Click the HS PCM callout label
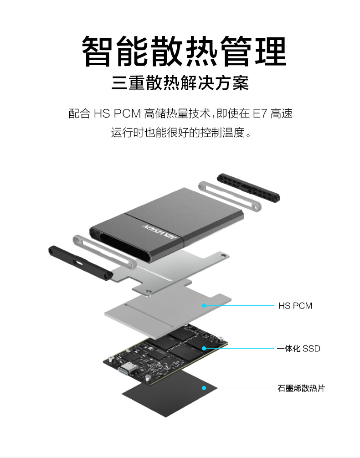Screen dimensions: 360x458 (x=295, y=306)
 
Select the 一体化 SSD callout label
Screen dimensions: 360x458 (x=298, y=349)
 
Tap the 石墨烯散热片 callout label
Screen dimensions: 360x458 (x=301, y=388)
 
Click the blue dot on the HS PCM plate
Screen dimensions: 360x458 (x=204, y=305)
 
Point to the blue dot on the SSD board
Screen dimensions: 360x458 (x=204, y=348)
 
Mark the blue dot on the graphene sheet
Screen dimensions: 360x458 (x=204, y=388)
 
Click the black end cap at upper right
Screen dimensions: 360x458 (x=248, y=187)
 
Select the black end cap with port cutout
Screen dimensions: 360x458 (x=80, y=263)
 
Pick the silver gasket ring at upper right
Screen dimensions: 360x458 (x=230, y=196)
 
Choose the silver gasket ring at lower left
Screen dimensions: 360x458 (x=104, y=251)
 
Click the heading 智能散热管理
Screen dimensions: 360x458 (x=184, y=51)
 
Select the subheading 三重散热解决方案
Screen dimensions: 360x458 (x=180, y=83)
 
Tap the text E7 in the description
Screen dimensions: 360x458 (x=260, y=113)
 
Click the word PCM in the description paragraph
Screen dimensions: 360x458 (x=127, y=113)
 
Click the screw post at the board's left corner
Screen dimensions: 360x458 (x=110, y=359)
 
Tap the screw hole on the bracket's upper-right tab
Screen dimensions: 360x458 (x=223, y=256)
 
